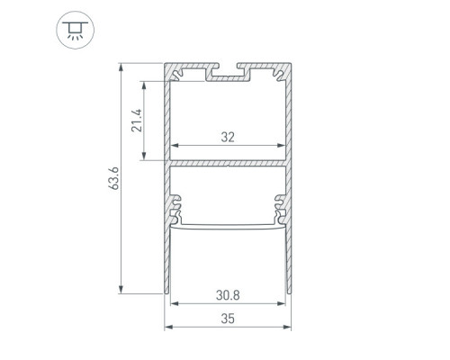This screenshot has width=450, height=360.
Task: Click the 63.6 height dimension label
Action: point(114,178)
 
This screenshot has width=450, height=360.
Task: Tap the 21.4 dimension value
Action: point(137,121)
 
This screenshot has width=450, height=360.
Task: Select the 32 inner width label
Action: point(228,137)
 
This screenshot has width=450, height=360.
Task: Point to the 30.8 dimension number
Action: point(228,295)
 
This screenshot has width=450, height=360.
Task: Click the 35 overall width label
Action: point(228,319)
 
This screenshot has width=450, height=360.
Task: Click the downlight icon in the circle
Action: point(76,30)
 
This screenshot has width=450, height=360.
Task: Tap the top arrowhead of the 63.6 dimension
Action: point(121,67)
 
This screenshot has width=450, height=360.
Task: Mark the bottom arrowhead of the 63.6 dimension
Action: point(121,289)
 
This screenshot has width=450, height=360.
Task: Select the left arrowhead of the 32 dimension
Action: point(175,146)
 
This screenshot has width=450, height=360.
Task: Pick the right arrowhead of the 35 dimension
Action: point(287,327)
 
